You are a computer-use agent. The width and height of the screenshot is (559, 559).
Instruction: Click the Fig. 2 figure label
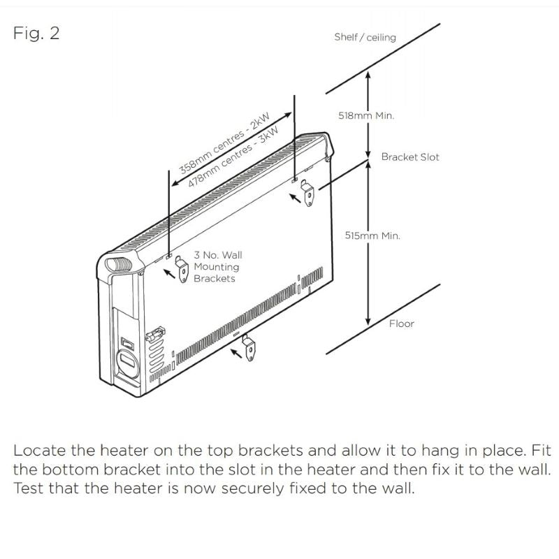36,34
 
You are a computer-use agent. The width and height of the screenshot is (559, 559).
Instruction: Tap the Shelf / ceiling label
365,37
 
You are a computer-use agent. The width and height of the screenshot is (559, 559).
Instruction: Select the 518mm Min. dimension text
366,116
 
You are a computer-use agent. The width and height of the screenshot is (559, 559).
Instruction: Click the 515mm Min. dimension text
372,236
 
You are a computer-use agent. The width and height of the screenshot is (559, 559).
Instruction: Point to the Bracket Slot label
410,157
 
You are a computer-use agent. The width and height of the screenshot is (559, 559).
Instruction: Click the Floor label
401,324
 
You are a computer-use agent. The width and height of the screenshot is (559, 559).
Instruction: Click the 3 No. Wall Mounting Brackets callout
217,267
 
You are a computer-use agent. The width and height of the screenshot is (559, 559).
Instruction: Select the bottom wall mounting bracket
248,347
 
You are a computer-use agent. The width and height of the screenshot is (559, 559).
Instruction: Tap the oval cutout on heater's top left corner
113,265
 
